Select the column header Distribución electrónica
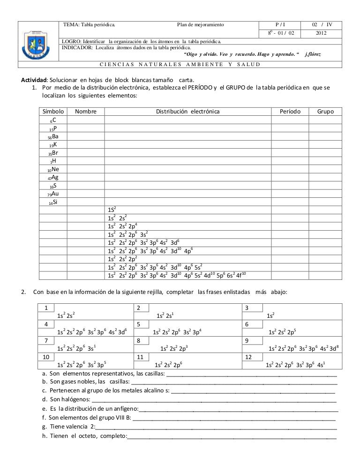187,112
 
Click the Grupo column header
325,112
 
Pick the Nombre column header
86,112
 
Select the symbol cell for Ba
52,136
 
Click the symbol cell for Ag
52,177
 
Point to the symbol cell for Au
52,194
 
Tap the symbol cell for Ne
52,169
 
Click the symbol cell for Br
52,153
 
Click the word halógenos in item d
75,399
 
